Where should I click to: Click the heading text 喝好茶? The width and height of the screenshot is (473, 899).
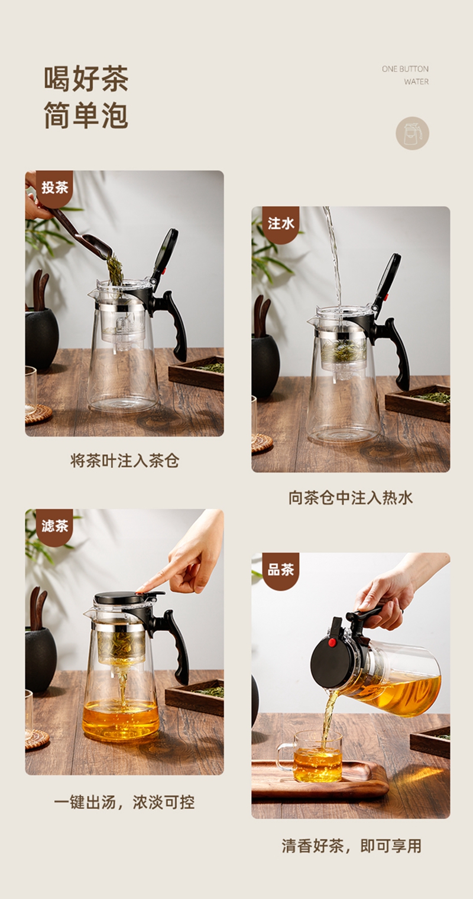tap(86, 79)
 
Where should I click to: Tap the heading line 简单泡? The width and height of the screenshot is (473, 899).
tap(86, 115)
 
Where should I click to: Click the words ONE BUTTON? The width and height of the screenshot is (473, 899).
tap(405, 69)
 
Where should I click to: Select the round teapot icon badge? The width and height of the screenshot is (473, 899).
tap(412, 133)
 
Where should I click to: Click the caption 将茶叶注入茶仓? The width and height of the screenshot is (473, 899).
tap(125, 460)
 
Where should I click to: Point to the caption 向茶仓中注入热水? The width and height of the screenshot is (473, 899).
tap(351, 498)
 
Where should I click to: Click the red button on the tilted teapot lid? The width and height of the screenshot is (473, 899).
tap(332, 643)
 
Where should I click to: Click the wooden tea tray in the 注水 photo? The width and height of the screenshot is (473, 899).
tap(418, 403)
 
